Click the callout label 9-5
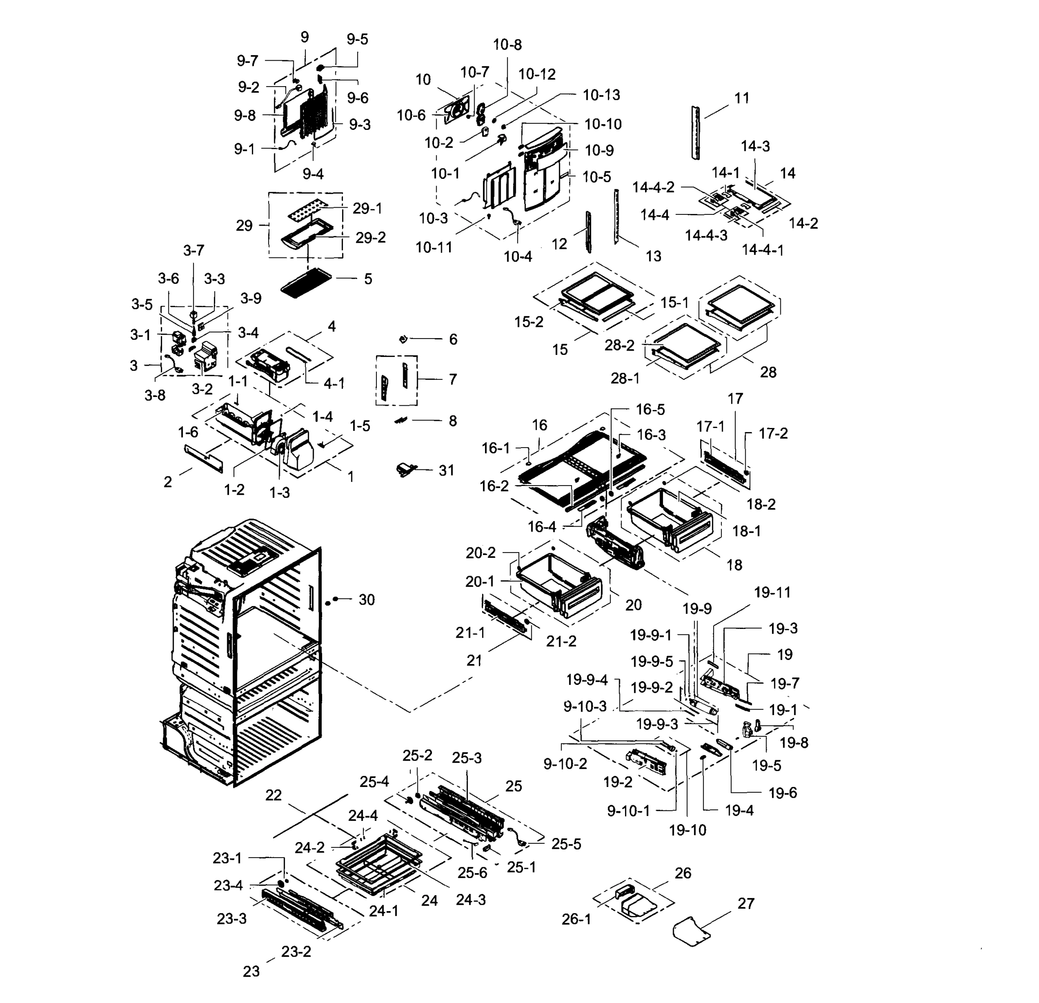(357, 40)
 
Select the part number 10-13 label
(601, 95)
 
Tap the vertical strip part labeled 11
(695, 132)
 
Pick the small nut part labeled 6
(403, 339)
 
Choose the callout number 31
(446, 471)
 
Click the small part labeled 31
(406, 469)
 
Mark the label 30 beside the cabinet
(366, 600)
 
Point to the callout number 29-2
(370, 238)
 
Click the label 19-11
(772, 593)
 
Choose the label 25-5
(566, 844)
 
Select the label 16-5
(650, 410)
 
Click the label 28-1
(625, 378)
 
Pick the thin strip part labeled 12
(588, 232)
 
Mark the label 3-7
(193, 250)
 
